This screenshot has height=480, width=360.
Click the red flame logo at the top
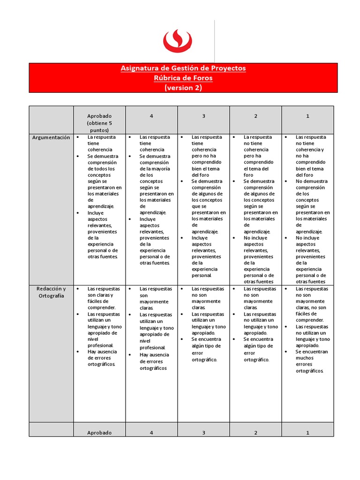point(178,40)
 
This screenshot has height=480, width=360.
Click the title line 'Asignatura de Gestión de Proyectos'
point(183,68)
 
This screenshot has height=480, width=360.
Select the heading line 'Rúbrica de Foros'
point(183,78)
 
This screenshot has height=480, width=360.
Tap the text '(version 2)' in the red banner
point(183,88)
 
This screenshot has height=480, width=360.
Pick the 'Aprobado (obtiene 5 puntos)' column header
point(99,123)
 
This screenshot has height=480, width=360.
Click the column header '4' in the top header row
point(151,116)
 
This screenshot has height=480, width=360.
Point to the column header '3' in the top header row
point(203,116)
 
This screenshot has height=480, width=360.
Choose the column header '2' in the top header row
point(255,116)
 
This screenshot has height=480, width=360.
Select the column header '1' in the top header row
point(307,116)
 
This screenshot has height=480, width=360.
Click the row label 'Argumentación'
point(51,137)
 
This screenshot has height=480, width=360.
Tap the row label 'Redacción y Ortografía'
point(51,292)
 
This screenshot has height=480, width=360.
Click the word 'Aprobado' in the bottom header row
point(99,433)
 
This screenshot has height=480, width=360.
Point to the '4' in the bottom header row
point(151,433)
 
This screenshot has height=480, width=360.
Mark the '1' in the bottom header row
point(307,433)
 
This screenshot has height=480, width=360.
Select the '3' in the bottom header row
point(203,433)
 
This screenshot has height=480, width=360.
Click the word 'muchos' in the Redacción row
point(305,358)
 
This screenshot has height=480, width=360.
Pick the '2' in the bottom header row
point(255,433)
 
